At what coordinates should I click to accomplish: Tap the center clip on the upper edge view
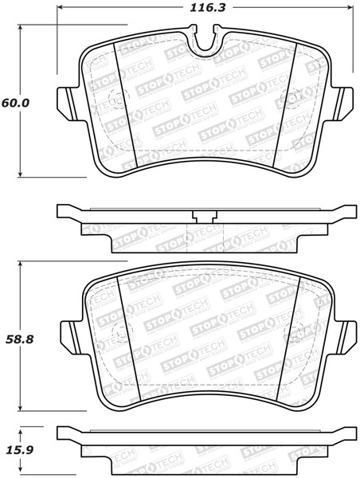point(205,215)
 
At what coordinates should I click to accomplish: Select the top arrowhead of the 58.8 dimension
point(23,263)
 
